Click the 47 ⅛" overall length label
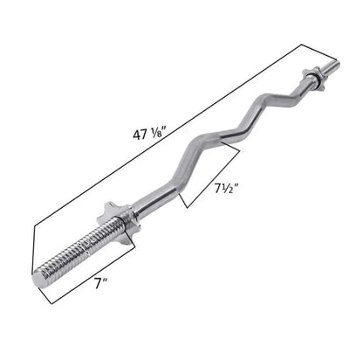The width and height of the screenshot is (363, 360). click(x=149, y=134)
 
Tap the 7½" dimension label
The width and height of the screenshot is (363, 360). click(x=226, y=189)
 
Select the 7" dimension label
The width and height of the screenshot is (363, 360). click(x=100, y=283)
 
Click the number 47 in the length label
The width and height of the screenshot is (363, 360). click(x=140, y=135)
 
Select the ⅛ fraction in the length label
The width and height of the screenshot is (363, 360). click(x=155, y=134)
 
